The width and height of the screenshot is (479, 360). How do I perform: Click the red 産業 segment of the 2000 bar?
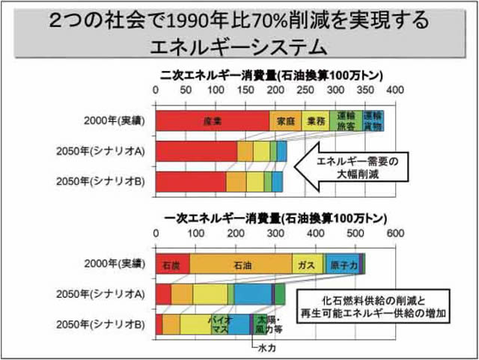(x=213, y=121)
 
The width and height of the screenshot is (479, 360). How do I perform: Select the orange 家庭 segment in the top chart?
(x=285, y=121)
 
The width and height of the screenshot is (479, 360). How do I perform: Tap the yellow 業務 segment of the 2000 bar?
(x=315, y=121)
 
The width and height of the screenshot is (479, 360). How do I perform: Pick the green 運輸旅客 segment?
(x=345, y=121)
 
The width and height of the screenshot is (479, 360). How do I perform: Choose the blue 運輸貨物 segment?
(x=373, y=121)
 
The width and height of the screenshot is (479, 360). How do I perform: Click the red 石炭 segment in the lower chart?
(x=172, y=265)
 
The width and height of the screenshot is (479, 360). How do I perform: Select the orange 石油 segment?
(x=241, y=265)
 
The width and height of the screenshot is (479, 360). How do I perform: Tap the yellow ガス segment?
(x=307, y=265)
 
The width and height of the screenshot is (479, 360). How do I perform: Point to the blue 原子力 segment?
(x=341, y=265)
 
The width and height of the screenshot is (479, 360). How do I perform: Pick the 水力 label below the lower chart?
(x=266, y=349)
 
